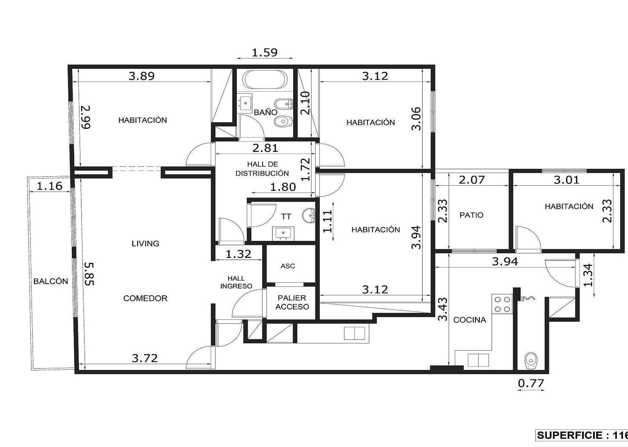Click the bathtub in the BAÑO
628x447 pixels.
(265, 80)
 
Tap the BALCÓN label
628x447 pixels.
(51, 281)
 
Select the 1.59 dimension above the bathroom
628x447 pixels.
(265, 52)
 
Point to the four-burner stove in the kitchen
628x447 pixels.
(502, 304)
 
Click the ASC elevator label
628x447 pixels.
(288, 266)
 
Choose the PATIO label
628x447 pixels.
(472, 215)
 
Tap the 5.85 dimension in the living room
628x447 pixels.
(89, 274)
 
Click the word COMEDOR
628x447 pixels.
(145, 298)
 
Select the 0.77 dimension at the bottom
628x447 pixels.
(531, 383)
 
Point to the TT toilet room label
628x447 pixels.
(286, 216)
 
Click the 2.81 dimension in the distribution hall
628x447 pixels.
(265, 148)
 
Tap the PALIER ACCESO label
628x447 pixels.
(292, 303)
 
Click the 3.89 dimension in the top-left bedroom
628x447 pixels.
(141, 76)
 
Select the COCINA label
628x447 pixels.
(469, 320)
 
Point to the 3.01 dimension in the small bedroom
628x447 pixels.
(567, 180)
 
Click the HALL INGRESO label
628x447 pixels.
(236, 282)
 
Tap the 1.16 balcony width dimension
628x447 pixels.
(49, 186)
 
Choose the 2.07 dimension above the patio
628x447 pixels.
(472, 180)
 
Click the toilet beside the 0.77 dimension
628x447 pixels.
(531, 361)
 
